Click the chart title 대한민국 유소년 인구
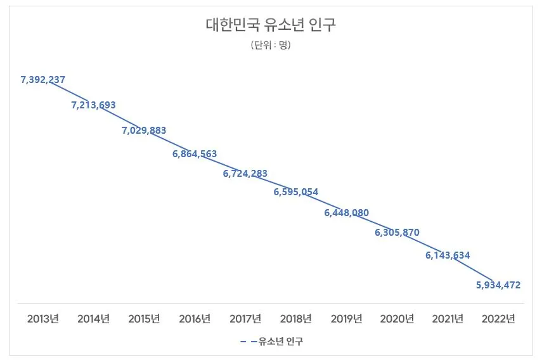271,26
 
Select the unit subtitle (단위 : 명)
271,45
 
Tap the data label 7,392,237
43,80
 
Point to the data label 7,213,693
93,105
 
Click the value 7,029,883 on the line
144,131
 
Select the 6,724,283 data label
245,173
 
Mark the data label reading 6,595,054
296,192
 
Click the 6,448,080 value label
347,213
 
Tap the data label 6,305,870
397,233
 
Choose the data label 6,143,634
448,255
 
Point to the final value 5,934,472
498,285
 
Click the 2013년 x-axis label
43,319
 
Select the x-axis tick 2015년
144,319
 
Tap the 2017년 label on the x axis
245,319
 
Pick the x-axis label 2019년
347,319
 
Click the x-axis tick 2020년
397,319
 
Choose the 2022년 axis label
498,319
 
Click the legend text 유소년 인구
281,342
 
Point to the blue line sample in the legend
248,342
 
